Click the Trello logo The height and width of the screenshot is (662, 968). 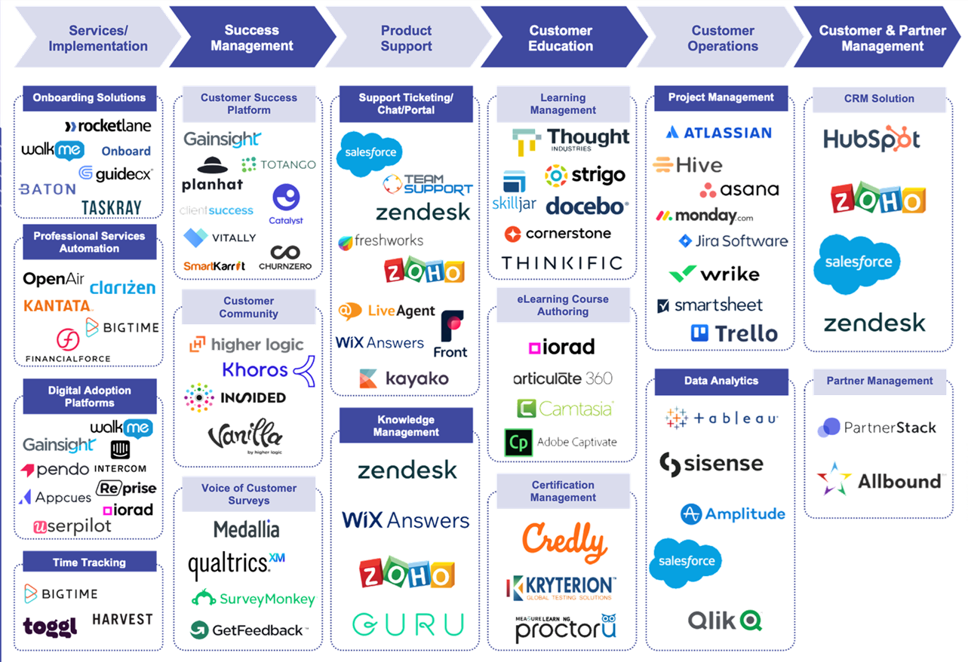[x=734, y=333]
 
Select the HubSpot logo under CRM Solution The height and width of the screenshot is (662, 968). [x=871, y=139]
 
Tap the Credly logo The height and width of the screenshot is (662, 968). [x=564, y=540]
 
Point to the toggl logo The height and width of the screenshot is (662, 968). [x=51, y=626]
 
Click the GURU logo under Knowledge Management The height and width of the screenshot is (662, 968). [x=407, y=624]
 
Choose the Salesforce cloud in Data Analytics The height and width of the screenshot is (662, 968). [x=686, y=562]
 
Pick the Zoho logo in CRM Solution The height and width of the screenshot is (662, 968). [x=878, y=198]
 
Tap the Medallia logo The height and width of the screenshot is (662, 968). [x=247, y=529]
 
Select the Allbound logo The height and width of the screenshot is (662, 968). [x=880, y=480]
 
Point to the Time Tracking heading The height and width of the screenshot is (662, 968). [x=89, y=562]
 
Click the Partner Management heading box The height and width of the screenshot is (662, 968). [x=879, y=381]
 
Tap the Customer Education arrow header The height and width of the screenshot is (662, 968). [x=561, y=38]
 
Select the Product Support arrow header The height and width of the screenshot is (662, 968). [x=406, y=38]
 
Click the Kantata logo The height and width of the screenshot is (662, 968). [x=58, y=306]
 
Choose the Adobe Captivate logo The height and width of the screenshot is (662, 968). [x=561, y=443]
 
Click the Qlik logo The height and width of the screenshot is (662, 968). [x=725, y=621]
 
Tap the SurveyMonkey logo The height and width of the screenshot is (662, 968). [x=254, y=599]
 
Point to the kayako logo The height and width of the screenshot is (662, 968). [x=404, y=379]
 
